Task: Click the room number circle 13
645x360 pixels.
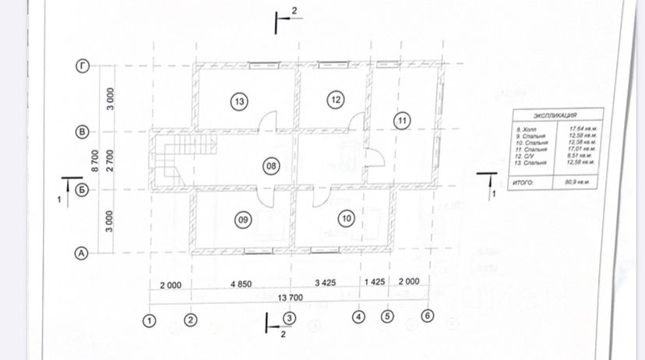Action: coord(238,101)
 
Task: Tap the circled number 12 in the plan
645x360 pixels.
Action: coord(336,99)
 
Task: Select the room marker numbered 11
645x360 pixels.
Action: coord(401,121)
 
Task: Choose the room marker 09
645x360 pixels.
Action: coord(242,221)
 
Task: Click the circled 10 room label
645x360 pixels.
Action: coord(347,219)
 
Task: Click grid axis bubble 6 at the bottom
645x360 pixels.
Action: coord(426,316)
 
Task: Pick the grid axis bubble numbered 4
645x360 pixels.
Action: coord(358,317)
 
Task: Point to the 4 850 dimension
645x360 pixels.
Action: coord(240,284)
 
